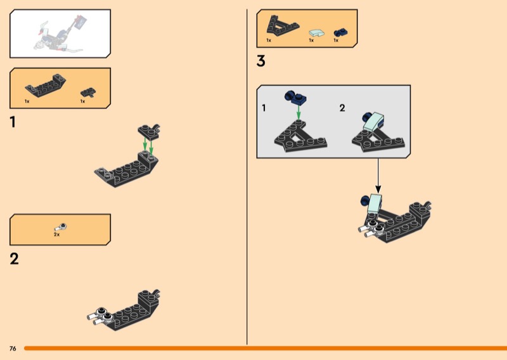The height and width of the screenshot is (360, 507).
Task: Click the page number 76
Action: pos(13,349)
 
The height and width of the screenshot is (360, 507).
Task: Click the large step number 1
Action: pos(13,122)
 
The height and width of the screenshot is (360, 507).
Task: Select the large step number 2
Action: pos(14,259)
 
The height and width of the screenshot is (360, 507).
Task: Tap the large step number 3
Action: pos(261,61)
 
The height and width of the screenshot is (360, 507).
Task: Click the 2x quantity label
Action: pos(56,235)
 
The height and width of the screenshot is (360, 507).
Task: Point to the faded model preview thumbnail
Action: pos(60,34)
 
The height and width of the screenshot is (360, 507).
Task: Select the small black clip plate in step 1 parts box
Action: pos(88,93)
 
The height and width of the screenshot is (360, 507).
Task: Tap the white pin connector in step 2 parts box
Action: pos(61,227)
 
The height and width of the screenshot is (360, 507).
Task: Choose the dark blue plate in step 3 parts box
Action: pos(340,33)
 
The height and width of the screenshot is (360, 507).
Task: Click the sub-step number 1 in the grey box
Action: pos(264,108)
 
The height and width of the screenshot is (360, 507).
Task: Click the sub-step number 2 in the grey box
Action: pos(342,108)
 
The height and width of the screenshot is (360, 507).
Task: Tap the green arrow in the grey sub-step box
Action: pos(298,112)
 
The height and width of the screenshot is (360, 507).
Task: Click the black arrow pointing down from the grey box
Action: pos(378,176)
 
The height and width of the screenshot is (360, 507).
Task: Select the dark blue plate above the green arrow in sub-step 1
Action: pos(295,98)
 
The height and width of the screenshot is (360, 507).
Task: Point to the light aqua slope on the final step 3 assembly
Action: pos(375,203)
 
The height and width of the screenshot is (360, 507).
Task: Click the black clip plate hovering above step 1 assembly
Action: pos(149,131)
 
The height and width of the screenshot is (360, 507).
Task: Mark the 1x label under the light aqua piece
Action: pos(311,41)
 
